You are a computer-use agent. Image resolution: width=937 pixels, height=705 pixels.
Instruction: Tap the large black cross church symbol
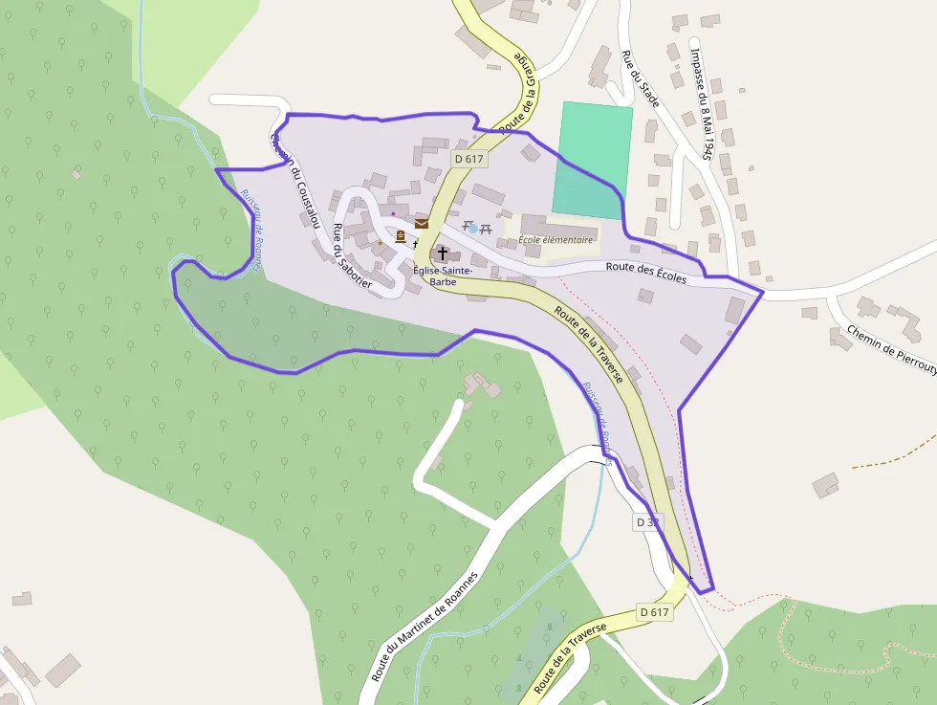443,254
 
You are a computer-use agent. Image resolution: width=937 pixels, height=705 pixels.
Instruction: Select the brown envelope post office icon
422,224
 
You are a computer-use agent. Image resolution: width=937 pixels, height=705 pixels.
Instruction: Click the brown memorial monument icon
400,236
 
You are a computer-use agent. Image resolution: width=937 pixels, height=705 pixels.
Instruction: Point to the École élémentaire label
556,240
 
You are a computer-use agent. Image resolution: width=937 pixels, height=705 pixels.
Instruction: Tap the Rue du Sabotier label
351,255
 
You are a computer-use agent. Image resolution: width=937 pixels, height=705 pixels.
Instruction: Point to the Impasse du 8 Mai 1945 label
702,101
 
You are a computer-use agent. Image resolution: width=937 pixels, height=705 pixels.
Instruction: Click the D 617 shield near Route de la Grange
469,159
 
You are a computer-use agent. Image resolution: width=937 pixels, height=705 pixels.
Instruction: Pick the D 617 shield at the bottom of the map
655,612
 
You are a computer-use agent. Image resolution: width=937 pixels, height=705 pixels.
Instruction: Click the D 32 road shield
647,522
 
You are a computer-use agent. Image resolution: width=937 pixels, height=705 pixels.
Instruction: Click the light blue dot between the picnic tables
472,229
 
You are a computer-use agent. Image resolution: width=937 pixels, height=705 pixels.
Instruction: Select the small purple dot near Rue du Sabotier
393,213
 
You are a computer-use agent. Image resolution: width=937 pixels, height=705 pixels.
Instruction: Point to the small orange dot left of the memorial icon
380,242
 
